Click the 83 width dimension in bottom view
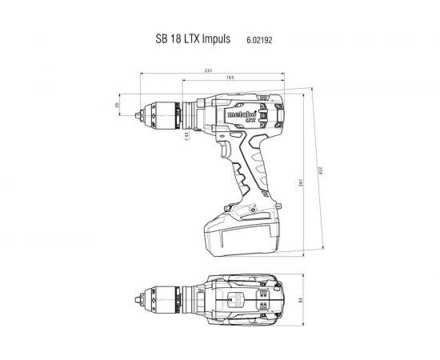299,302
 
